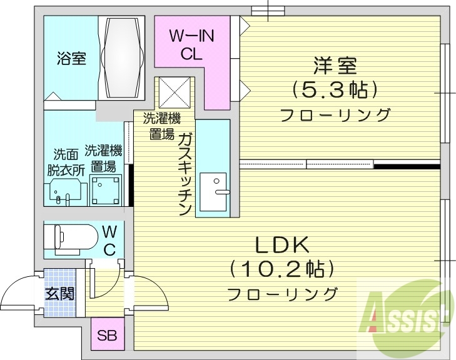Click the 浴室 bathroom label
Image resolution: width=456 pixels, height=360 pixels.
tap(71, 59)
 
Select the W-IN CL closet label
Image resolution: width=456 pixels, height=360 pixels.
tap(193, 45)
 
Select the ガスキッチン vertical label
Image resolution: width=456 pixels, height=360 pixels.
tap(185, 174)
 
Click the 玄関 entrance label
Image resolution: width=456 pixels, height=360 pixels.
tap(59, 292)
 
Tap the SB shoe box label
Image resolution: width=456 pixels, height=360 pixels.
tap(106, 334)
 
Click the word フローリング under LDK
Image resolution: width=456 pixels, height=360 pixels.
tap(282, 294)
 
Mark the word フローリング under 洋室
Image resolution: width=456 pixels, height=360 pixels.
tap(335, 115)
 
